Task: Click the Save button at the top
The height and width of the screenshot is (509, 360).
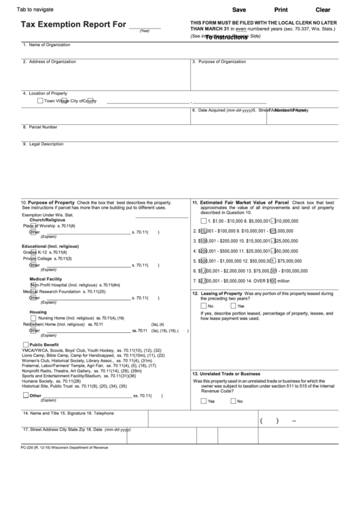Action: pyautogui.click(x=239, y=10)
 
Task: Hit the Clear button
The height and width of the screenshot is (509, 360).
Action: pyautogui.click(x=323, y=10)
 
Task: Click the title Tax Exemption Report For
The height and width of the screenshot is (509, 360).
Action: pyautogui.click(x=74, y=25)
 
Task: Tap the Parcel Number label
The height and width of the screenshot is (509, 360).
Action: pyautogui.click(x=41, y=126)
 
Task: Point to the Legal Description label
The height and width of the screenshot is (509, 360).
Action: pyautogui.click(x=46, y=143)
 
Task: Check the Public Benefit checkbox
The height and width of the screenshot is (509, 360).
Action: pyautogui.click(x=26, y=345)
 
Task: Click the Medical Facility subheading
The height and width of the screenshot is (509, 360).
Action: pyautogui.click(x=46, y=279)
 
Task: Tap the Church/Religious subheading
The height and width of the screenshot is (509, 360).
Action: pyautogui.click(x=47, y=220)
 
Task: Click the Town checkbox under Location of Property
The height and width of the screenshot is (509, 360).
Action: pyautogui.click(x=40, y=101)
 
